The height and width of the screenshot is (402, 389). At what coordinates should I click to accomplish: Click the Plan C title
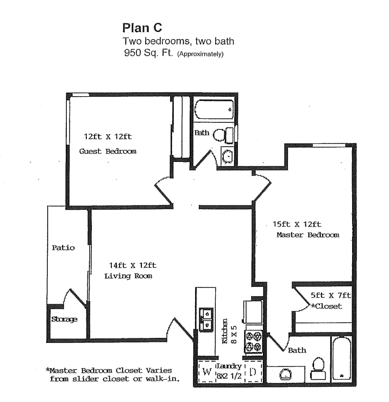coord(142,28)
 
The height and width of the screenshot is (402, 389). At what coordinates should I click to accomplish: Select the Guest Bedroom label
coord(108,151)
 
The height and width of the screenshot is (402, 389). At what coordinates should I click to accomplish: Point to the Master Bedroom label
coord(308,235)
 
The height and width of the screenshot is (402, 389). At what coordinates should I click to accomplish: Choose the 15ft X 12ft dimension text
coord(297,224)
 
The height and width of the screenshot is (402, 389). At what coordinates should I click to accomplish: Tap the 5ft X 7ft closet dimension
coord(330,295)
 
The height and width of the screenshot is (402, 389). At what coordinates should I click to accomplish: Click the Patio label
coord(63,247)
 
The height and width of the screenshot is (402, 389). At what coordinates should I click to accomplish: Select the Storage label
coord(64,319)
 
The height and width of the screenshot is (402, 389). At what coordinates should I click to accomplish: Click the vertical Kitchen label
coord(224,331)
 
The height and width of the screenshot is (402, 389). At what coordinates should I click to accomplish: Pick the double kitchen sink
coord(206,320)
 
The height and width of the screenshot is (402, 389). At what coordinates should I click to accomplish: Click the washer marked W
coord(206,373)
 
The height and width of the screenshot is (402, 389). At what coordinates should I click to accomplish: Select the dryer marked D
coord(253,373)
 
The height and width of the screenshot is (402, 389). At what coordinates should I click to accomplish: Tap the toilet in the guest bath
coord(222,134)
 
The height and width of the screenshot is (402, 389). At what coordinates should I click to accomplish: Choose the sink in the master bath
coord(285,374)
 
